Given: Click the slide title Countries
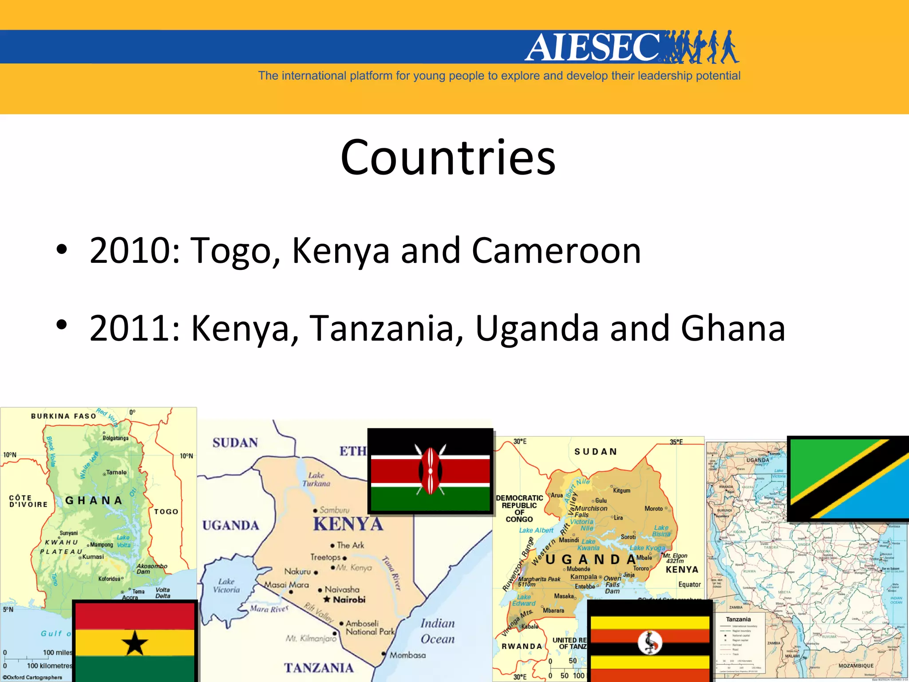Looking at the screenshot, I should (x=448, y=157).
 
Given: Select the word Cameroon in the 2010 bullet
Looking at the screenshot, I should (x=556, y=250).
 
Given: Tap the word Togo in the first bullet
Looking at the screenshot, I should (x=235, y=251).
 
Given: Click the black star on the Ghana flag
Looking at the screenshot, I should (x=134, y=643).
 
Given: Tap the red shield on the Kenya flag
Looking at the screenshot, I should (x=430, y=471).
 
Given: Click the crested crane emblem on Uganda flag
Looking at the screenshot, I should (x=650, y=642).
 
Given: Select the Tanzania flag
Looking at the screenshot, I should (x=848, y=478).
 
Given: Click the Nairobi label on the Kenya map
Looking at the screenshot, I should (x=349, y=600).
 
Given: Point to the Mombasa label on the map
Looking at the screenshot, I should (x=407, y=655).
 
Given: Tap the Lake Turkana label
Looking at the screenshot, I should (x=316, y=480).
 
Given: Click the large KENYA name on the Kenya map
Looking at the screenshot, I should (x=348, y=524).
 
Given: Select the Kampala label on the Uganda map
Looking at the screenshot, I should (x=584, y=577).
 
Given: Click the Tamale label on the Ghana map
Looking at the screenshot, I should (x=116, y=472).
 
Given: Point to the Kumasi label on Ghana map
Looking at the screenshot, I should (x=93, y=557).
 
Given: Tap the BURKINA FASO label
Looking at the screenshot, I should (x=63, y=416).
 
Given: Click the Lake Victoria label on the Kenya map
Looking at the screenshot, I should (x=226, y=586).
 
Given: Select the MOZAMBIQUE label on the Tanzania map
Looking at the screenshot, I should (x=856, y=666).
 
